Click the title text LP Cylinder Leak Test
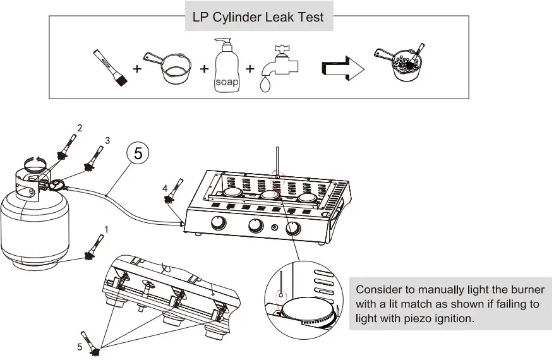click(x=258, y=17)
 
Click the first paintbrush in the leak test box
click(x=109, y=68)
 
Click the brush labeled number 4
click(x=172, y=193)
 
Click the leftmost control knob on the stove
click(x=219, y=223)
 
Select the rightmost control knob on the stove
click(x=293, y=229)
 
